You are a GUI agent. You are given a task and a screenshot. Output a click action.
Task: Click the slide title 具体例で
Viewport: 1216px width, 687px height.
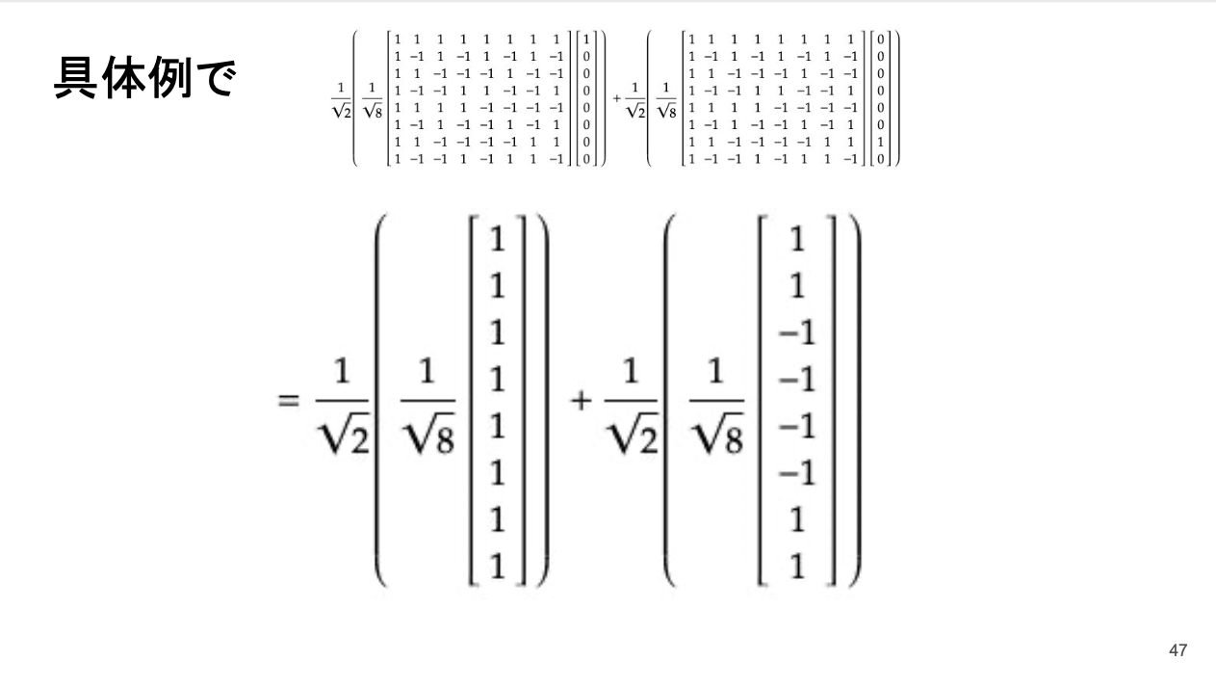(x=143, y=79)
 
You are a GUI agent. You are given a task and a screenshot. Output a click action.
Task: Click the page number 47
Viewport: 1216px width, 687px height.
(x=1177, y=651)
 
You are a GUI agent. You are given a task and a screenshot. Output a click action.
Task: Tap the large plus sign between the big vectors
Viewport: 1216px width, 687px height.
(x=581, y=401)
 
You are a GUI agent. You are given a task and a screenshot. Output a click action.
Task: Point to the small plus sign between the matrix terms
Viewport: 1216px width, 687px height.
(x=616, y=98)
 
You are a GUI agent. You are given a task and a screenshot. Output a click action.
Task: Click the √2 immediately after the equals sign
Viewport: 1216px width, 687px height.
(x=342, y=439)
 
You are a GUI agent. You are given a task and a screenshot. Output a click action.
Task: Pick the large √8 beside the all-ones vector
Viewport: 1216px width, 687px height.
(x=428, y=439)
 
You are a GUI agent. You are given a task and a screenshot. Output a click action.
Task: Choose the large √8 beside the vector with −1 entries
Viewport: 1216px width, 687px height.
(x=718, y=439)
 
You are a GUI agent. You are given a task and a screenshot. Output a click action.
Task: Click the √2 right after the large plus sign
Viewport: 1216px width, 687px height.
(x=632, y=439)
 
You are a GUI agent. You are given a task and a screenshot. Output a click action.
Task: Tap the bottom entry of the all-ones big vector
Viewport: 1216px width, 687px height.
(x=497, y=568)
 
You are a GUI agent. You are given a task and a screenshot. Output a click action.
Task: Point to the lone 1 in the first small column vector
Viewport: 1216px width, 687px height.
(x=587, y=38)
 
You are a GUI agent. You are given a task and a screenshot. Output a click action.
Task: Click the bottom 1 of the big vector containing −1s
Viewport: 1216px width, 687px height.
(x=798, y=568)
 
